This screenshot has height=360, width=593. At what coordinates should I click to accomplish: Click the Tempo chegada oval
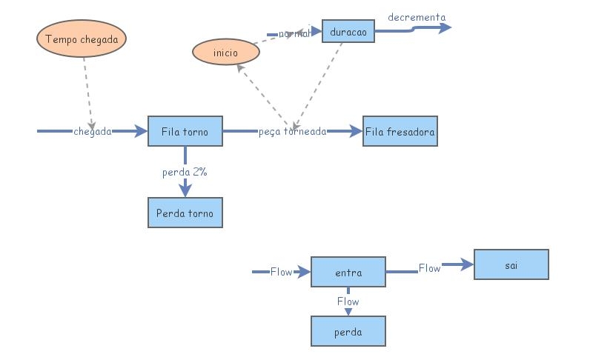(82, 39)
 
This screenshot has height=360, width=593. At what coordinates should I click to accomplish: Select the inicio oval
(225, 53)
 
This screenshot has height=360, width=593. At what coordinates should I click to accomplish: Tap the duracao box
(348, 32)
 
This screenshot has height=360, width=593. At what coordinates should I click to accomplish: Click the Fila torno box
(185, 132)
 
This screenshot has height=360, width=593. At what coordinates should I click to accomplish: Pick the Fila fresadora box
(400, 132)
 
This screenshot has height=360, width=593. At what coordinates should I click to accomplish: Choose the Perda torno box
(185, 213)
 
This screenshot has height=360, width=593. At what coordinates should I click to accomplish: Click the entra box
(348, 273)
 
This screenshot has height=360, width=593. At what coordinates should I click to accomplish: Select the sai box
(511, 264)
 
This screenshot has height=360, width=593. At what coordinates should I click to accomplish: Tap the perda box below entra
(348, 332)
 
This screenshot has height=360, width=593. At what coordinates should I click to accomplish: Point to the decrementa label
(417, 17)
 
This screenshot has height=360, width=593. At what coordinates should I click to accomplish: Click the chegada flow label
(93, 132)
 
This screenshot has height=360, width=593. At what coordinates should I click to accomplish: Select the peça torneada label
(293, 132)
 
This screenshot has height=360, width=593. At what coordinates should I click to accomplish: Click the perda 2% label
(185, 172)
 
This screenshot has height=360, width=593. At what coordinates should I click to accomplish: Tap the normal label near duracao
(294, 33)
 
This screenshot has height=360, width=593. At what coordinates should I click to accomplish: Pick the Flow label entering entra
(281, 272)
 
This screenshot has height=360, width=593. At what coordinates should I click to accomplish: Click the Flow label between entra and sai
(430, 268)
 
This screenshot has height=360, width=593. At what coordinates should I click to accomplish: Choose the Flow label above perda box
(348, 301)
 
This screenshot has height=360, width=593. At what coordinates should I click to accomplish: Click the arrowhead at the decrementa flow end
(445, 28)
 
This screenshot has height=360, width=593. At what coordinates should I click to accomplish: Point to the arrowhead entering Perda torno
(185, 190)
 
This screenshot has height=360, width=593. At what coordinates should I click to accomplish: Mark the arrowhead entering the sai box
(466, 264)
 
